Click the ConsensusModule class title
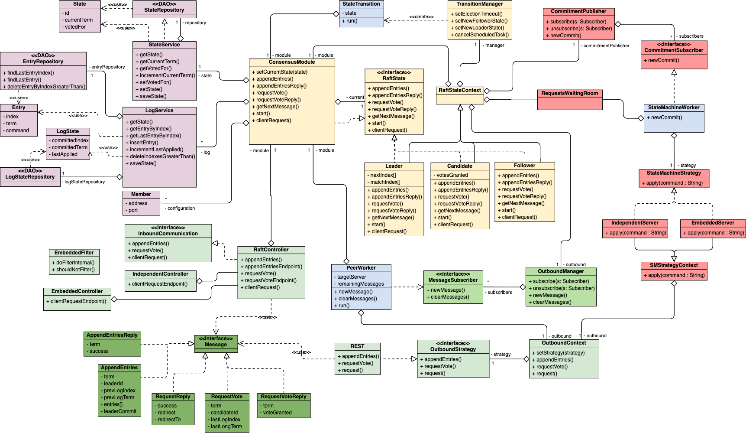click(292, 62)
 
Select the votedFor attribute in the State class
click(75, 27)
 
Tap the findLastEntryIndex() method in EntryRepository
click(30, 73)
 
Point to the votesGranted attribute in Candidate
click(452, 175)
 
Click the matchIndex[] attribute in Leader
click(385, 182)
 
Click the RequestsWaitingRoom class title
click(569, 93)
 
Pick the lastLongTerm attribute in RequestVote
click(226, 426)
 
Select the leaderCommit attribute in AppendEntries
click(120, 411)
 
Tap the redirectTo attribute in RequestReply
click(169, 420)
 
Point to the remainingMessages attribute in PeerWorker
click(361, 284)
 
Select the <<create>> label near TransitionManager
click(421, 17)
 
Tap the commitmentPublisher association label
click(606, 46)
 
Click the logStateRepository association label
click(84, 182)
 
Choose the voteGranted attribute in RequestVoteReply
click(277, 413)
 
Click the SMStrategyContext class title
click(674, 265)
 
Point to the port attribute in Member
click(133, 210)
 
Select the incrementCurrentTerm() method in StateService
click(167, 75)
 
